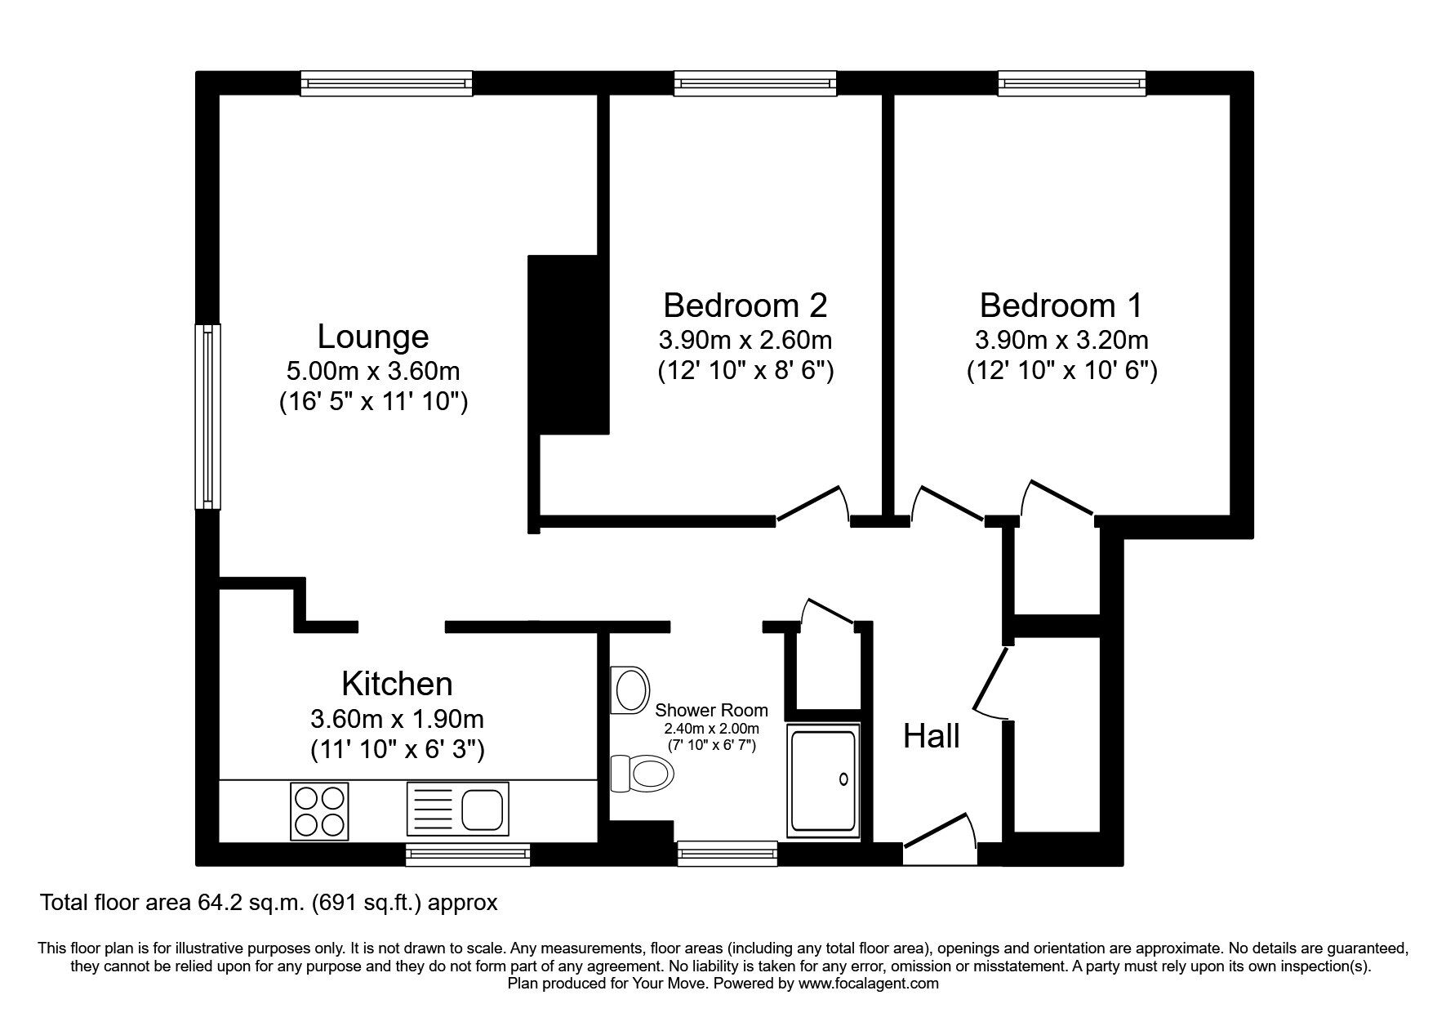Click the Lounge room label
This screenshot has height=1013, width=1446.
(372, 337)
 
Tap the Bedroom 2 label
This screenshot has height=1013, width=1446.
(745, 305)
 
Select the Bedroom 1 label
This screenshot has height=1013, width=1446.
(1061, 305)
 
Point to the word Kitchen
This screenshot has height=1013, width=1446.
(397, 683)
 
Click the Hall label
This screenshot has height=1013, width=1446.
(931, 737)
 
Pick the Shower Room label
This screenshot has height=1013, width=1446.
(711, 711)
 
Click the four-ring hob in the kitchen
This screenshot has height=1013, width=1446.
(319, 810)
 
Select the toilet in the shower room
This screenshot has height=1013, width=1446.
(641, 772)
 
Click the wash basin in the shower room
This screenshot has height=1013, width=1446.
(630, 690)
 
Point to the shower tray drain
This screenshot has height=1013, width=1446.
(843, 780)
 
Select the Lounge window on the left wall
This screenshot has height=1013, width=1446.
(207, 417)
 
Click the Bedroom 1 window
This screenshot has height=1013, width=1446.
(1072, 83)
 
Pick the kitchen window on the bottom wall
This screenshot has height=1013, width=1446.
(468, 855)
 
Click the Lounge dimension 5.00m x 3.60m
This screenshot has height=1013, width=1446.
(373, 372)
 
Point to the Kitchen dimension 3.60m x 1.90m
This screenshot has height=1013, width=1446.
(398, 719)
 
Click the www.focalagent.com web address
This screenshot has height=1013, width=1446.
(869, 984)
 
